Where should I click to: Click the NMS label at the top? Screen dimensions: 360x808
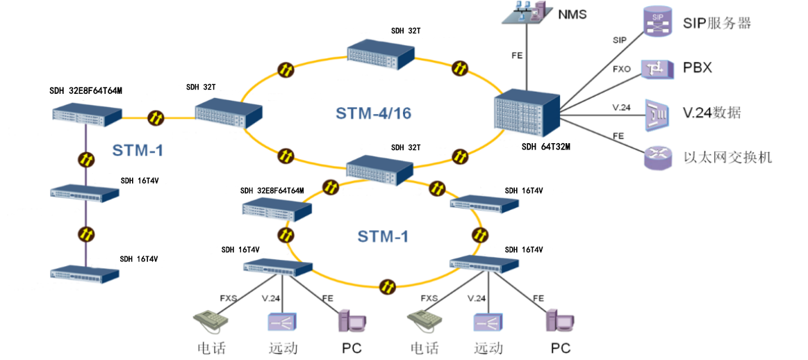coord(572,13)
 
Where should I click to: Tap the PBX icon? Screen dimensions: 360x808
coord(657,68)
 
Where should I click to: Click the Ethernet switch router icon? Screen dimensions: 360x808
coord(657,157)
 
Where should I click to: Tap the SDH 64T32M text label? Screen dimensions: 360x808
coord(541,147)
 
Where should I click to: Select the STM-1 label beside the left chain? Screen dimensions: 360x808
coord(138,149)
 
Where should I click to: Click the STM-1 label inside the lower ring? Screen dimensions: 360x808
coord(383,236)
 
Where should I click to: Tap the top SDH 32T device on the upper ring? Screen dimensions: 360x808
coord(381,54)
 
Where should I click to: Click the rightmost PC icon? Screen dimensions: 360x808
coord(560,320)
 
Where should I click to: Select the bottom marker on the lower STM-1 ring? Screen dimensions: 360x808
coord(387,286)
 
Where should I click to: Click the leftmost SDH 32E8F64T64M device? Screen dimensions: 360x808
coord(88,116)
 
